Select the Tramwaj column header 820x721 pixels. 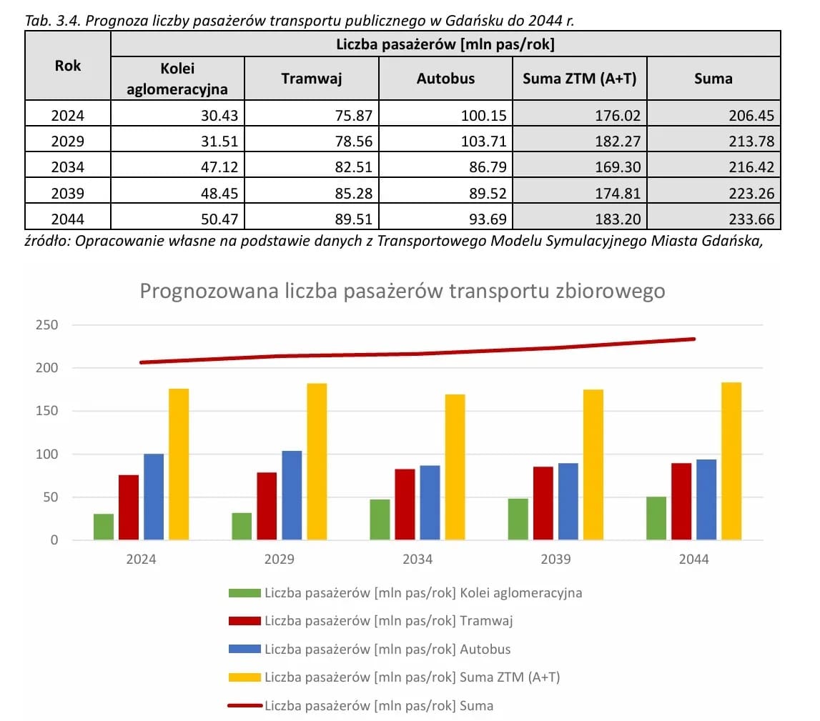point(311,79)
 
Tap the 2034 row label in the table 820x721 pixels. point(68,167)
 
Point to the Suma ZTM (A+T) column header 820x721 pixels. point(579,79)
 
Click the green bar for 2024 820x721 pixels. point(104,527)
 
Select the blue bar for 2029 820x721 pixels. point(292,494)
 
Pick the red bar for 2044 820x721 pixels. point(681,501)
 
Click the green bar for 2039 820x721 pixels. point(518,519)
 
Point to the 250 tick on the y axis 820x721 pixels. point(46,325)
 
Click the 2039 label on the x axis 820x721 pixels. point(555,560)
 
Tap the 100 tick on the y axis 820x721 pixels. point(46,454)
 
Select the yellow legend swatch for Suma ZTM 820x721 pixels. point(244,677)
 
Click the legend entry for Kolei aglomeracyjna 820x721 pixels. point(423,592)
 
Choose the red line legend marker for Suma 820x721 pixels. point(244,705)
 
